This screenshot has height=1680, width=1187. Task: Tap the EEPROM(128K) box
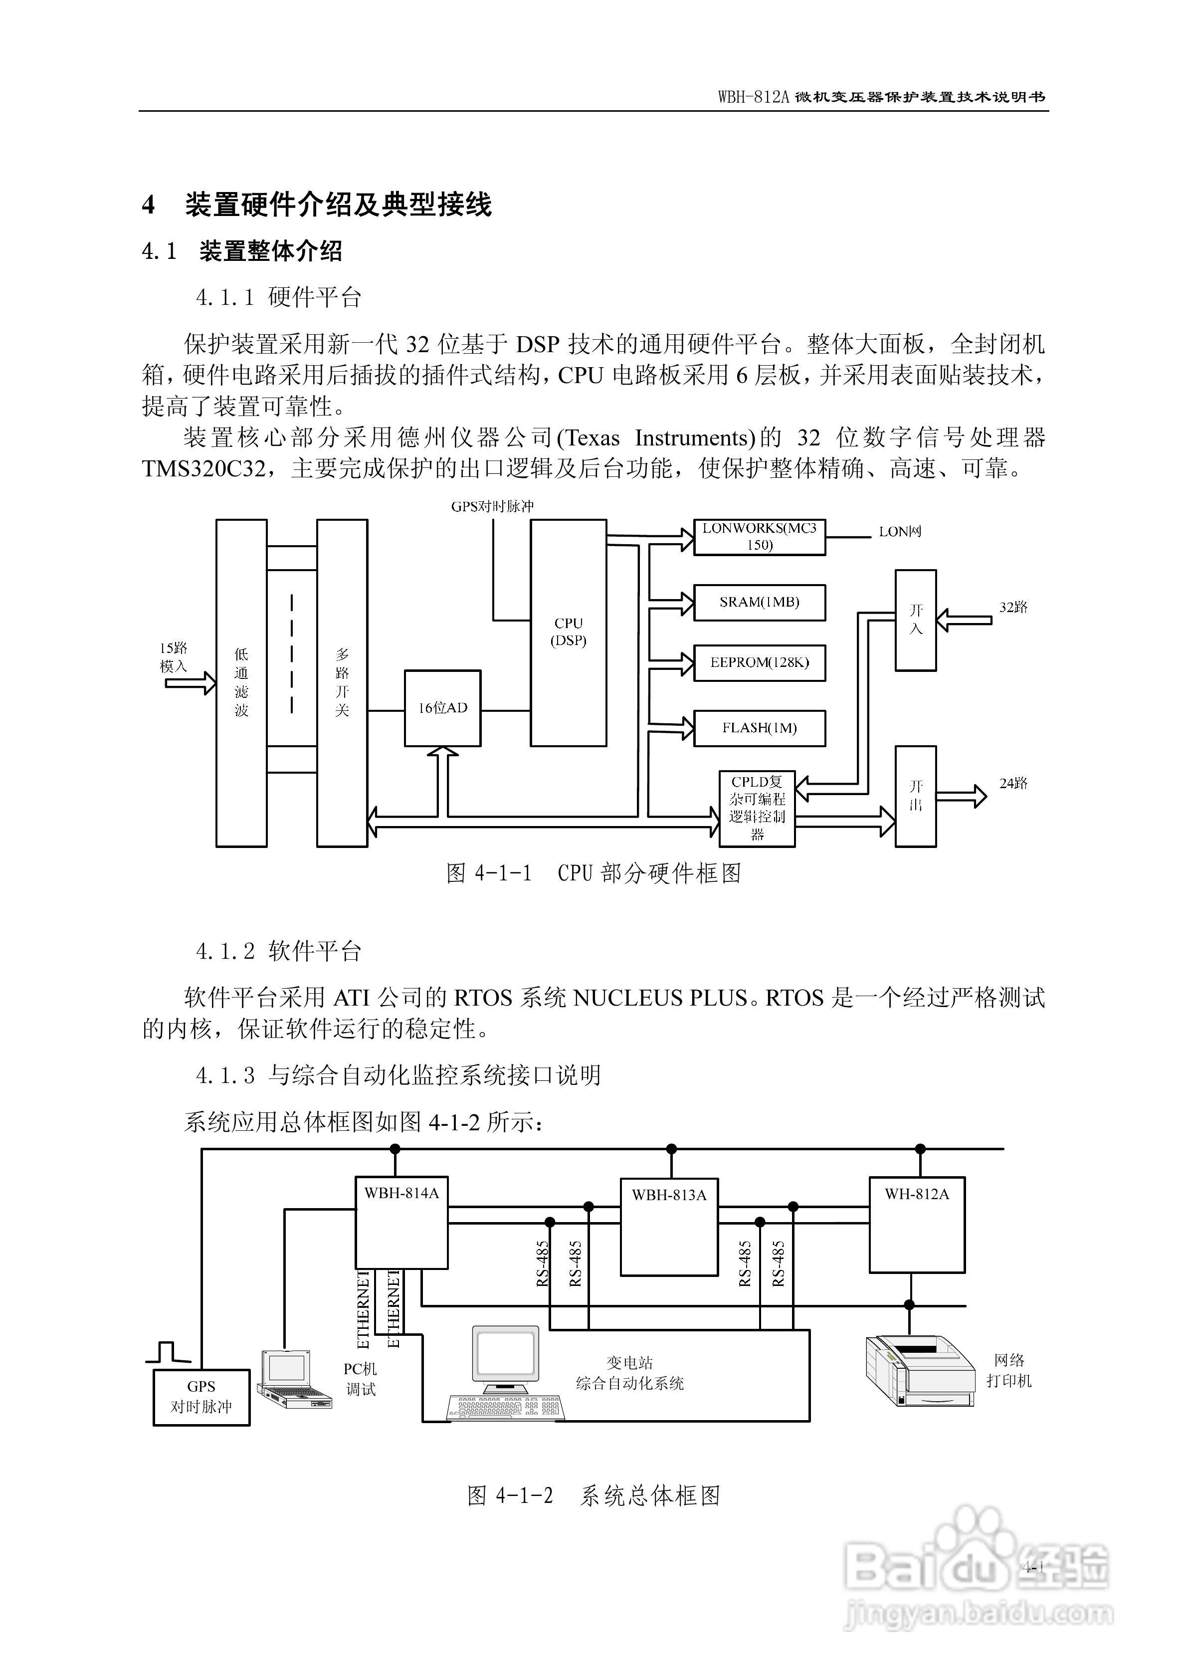click(x=759, y=662)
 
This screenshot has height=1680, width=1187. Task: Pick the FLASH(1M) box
click(x=759, y=728)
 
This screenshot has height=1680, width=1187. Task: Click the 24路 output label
click(x=1013, y=783)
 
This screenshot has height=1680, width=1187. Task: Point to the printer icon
click(x=920, y=1370)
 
